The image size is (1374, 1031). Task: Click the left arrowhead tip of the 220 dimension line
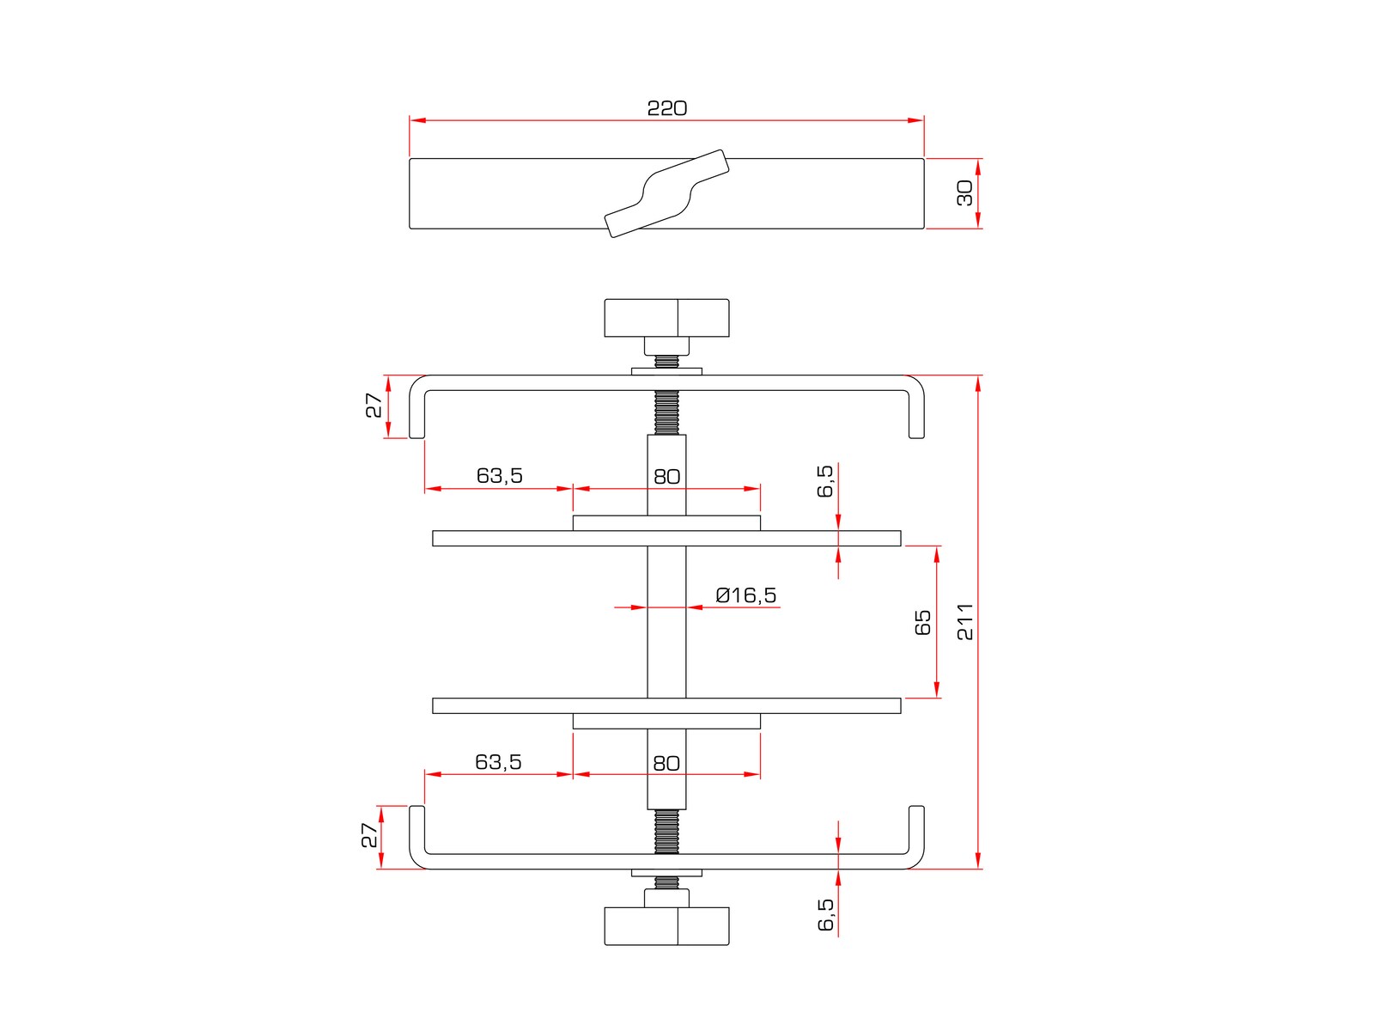coord(410,120)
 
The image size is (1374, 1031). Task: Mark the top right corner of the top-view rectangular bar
coord(924,158)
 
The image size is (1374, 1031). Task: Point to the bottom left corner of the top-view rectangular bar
coord(410,229)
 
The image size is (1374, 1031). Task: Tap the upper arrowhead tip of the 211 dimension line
coord(978,375)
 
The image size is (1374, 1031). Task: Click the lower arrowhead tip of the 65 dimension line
coord(937,698)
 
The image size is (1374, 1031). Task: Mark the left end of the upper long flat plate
coord(433,539)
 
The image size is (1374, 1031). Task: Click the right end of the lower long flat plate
coord(901,705)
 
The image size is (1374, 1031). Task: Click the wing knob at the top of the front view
coord(666,318)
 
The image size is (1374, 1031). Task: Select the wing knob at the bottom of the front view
coord(666,926)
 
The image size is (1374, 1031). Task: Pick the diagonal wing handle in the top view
coord(666,193)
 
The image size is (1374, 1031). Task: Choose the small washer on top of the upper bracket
coord(666,372)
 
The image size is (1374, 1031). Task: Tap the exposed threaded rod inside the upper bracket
coord(666,412)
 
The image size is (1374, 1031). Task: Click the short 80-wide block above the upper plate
coord(666,523)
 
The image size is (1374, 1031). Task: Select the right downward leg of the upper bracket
coord(916,414)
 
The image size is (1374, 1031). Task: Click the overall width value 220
coord(667,108)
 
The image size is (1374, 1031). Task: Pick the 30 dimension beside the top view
coord(964,193)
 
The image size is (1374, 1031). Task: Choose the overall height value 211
coord(965,622)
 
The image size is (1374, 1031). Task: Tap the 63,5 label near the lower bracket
coord(498,762)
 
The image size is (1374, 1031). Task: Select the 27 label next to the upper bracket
coord(374,406)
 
